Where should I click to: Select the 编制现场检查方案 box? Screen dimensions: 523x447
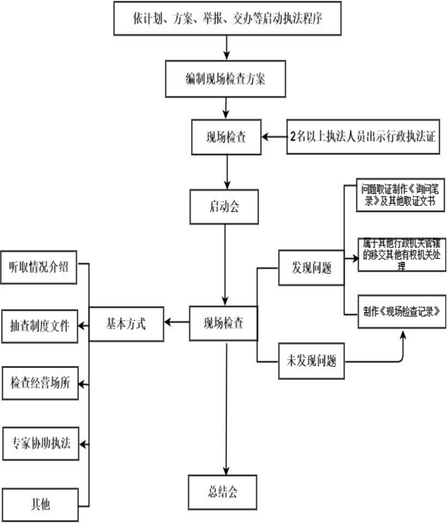(225, 79)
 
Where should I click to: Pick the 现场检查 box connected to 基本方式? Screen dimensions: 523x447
(225, 324)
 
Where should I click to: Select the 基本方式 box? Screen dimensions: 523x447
(127, 324)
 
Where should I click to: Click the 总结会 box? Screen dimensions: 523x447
(225, 491)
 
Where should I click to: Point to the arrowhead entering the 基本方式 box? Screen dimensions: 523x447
(169, 323)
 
